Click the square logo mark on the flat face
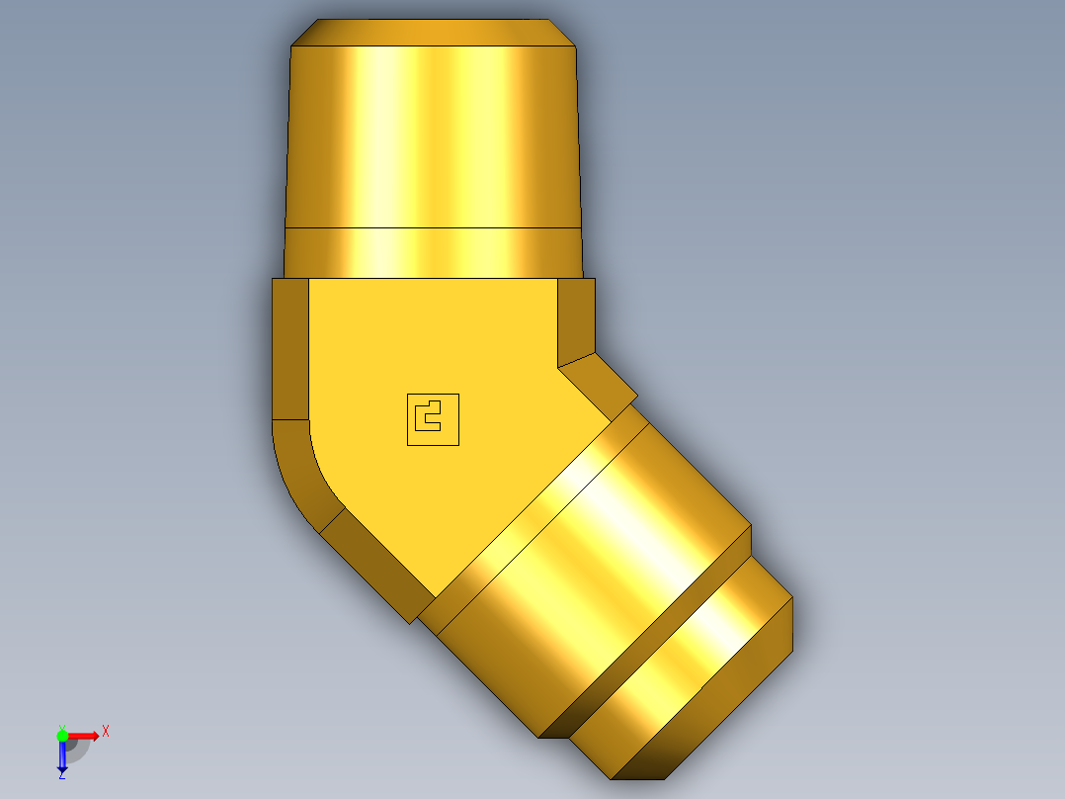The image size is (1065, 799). click(433, 419)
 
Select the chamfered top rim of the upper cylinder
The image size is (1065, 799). click(435, 32)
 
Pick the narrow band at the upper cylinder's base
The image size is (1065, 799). click(435, 252)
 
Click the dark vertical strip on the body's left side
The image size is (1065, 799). click(289, 348)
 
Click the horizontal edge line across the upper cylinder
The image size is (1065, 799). click(435, 228)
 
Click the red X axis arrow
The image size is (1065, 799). click(85, 735)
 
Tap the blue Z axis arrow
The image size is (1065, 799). click(62, 756)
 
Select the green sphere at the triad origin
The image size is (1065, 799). click(62, 735)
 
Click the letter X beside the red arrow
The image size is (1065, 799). click(106, 732)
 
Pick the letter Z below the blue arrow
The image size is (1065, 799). click(61, 776)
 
